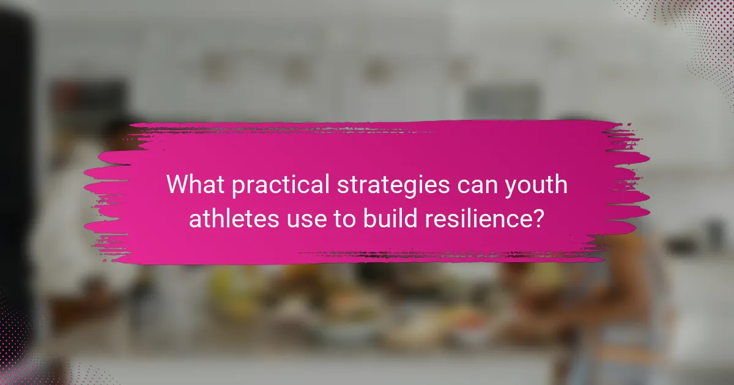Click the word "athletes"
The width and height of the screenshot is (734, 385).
pos(231,218)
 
